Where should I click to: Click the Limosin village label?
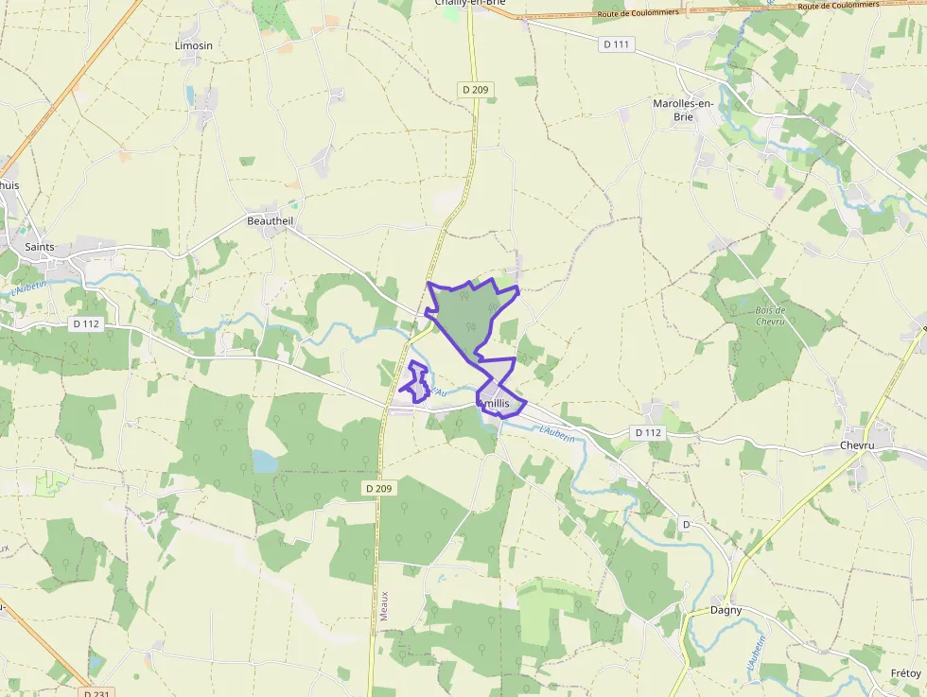click(x=194, y=45)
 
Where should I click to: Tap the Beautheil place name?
click(x=271, y=221)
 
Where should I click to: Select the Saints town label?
click(x=40, y=247)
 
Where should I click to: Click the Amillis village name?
click(x=501, y=404)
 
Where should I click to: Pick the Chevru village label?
click(x=858, y=445)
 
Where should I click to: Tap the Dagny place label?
click(x=726, y=610)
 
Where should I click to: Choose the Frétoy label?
click(x=905, y=673)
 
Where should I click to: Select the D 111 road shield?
click(x=616, y=44)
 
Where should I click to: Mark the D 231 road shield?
click(x=98, y=692)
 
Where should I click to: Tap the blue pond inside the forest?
click(x=265, y=461)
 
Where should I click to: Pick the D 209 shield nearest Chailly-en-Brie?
click(x=476, y=89)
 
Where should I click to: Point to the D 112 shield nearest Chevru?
click(x=648, y=432)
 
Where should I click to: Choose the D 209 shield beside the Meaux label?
click(x=379, y=488)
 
